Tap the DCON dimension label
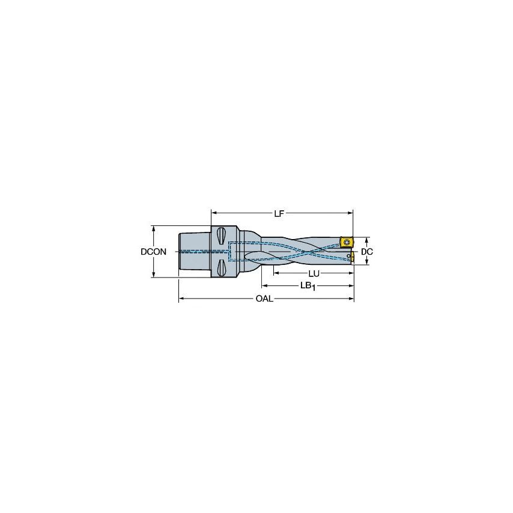click(154, 252)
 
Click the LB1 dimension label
click(308, 286)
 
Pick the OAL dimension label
click(264, 299)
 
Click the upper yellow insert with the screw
click(347, 241)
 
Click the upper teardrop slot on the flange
click(222, 234)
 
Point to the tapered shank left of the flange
click(194, 252)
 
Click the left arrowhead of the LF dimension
click(214, 212)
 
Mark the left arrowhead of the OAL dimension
click(181, 299)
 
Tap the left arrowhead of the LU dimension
click(275, 273)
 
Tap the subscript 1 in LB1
click(313, 288)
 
